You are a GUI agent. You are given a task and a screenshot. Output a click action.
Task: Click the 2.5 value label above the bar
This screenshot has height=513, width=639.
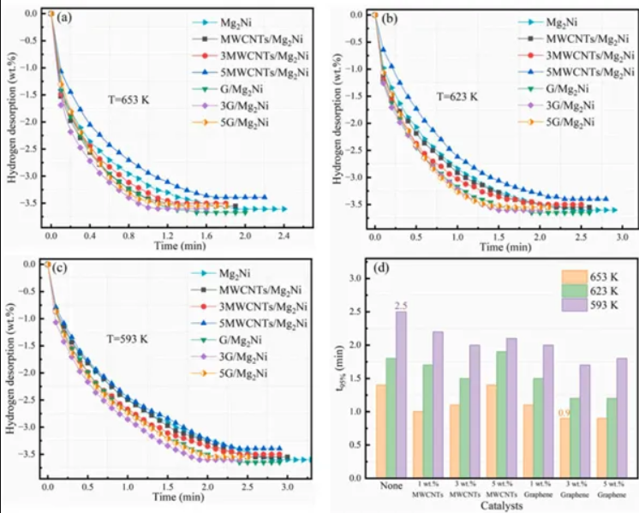tap(400, 305)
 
